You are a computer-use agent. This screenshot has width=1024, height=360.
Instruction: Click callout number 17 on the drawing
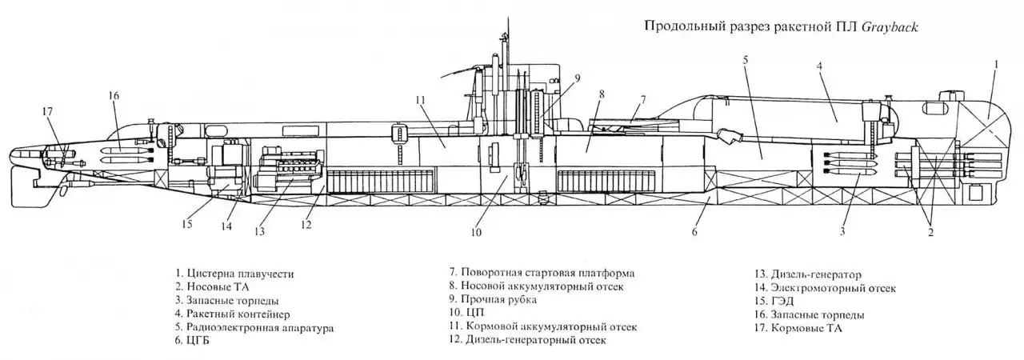pyautogui.click(x=49, y=111)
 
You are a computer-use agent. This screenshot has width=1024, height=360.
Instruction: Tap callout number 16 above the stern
pyautogui.click(x=114, y=96)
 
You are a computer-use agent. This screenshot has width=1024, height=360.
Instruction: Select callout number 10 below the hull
pyautogui.click(x=477, y=234)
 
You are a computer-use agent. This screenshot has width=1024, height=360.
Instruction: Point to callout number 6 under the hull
pyautogui.click(x=695, y=232)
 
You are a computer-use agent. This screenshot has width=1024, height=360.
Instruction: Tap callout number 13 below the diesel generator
pyautogui.click(x=258, y=231)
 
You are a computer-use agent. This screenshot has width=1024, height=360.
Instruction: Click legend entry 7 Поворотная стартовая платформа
pyautogui.click(x=542, y=273)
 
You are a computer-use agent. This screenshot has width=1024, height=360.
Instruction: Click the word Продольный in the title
pyautogui.click(x=681, y=27)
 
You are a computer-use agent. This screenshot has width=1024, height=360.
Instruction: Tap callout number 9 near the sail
pyautogui.click(x=577, y=78)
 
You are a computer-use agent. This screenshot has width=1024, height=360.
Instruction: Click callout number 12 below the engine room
pyautogui.click(x=306, y=224)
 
